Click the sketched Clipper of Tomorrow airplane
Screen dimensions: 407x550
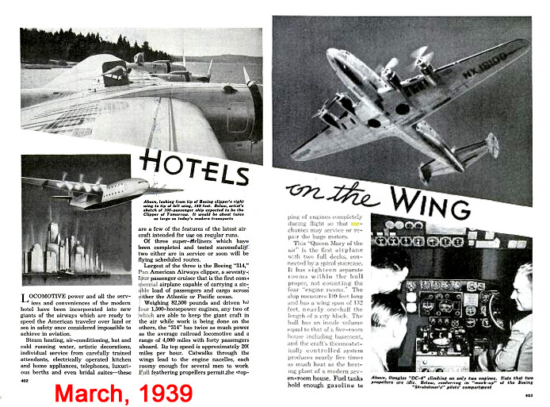coord(95,191)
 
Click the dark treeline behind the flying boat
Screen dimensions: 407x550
coord(79,48)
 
